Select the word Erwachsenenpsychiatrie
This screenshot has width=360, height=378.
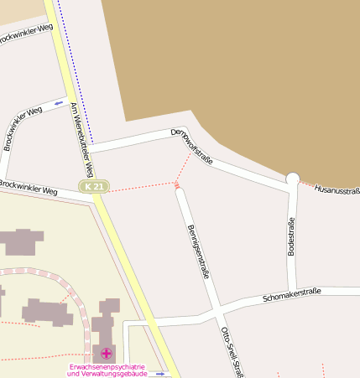coord(107,367)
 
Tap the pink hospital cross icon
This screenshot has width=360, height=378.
coord(107,354)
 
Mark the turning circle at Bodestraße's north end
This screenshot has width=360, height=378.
coord(293,178)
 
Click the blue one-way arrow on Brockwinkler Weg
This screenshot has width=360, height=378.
coord(59,103)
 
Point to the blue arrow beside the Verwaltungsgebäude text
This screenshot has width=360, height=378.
coord(160,374)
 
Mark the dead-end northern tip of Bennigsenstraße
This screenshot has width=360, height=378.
coord(178,191)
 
